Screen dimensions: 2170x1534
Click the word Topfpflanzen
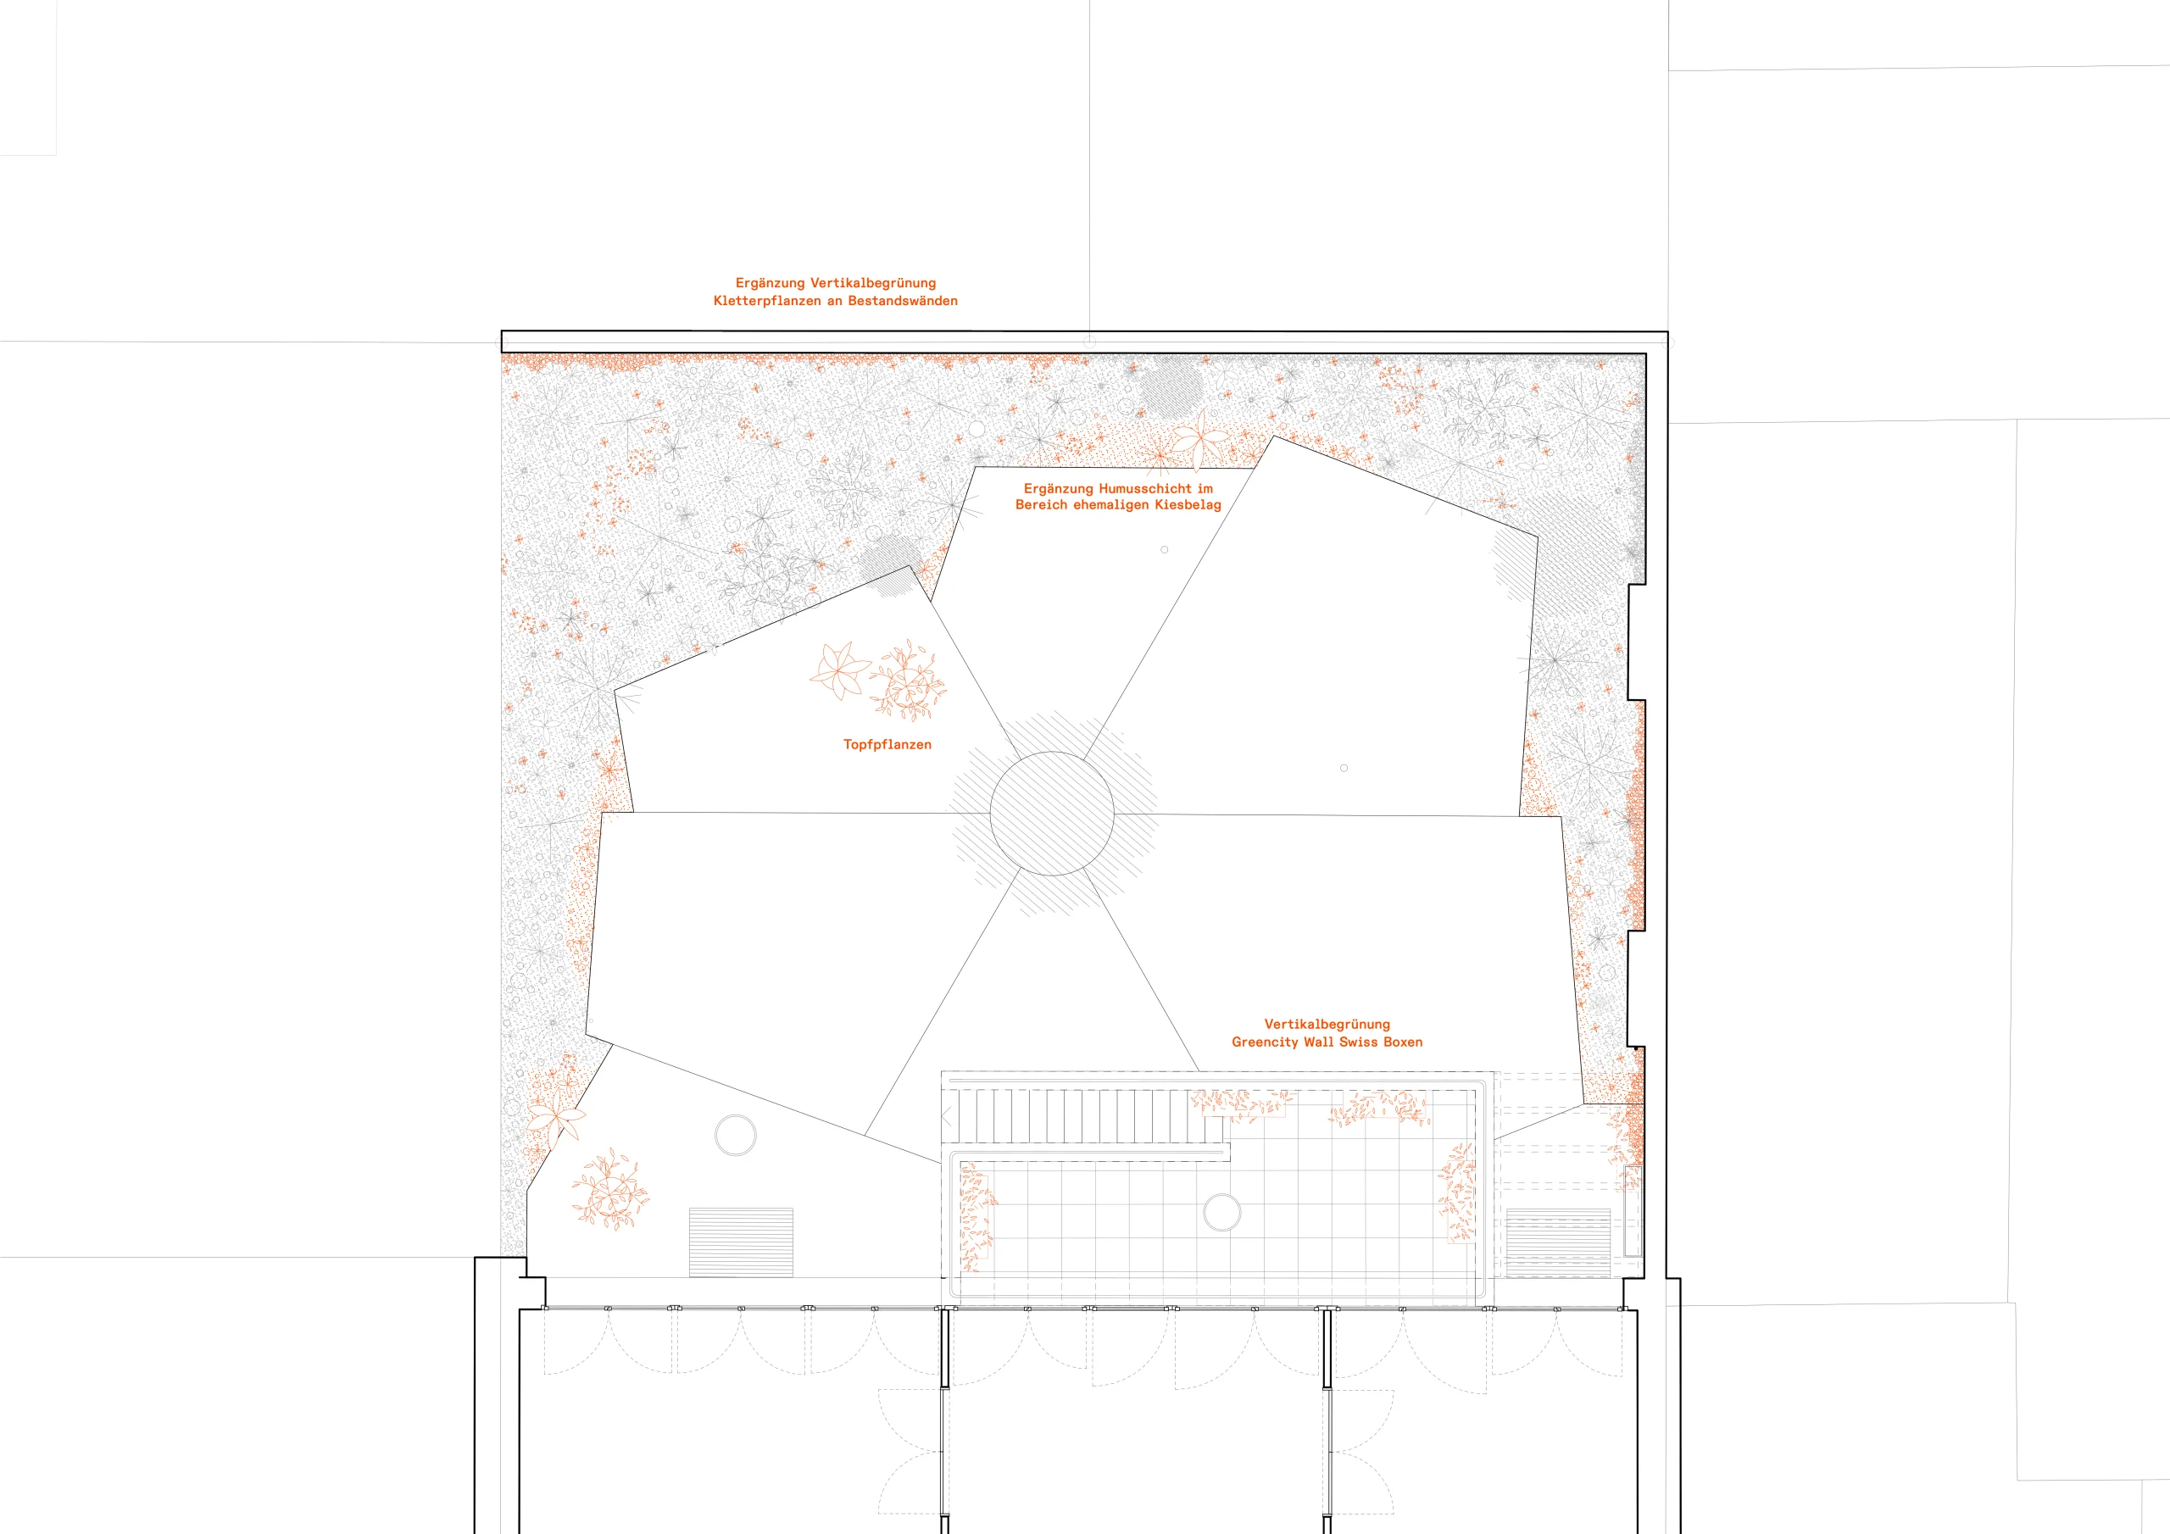pyautogui.click(x=887, y=745)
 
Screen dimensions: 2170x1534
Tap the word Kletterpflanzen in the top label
pyautogui.click(x=766, y=301)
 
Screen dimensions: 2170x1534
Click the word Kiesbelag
pyautogui.click(x=1188, y=505)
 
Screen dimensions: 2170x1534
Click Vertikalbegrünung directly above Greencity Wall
pyautogui.click(x=1327, y=1024)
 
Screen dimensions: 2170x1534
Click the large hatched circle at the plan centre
pyautogui.click(x=1052, y=813)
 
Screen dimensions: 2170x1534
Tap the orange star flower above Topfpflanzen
pyautogui.click(x=839, y=670)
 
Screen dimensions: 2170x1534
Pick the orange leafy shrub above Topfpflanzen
pyautogui.click(x=907, y=680)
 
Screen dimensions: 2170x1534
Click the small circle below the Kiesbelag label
pyautogui.click(x=1165, y=549)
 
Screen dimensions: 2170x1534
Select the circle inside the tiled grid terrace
pyautogui.click(x=1222, y=1213)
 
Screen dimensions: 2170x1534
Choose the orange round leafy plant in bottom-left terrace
pyautogui.click(x=610, y=1189)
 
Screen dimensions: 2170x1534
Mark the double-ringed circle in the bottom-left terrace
pyautogui.click(x=735, y=1135)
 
